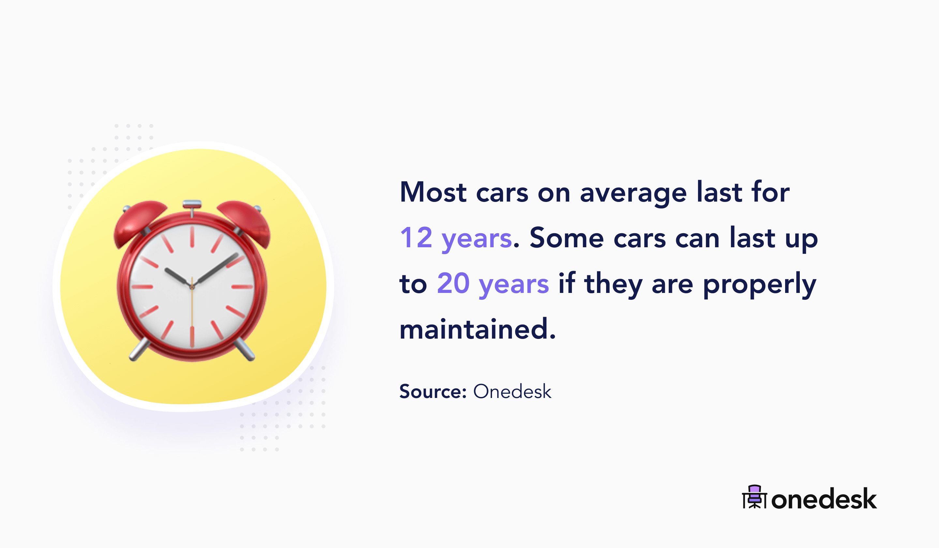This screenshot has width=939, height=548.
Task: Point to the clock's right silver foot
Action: point(246,350)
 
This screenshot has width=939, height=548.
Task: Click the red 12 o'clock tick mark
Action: point(192,237)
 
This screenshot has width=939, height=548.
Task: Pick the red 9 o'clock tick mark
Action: point(142,287)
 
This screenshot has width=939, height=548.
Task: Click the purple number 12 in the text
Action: point(416,238)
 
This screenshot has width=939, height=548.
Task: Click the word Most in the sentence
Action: point(433,192)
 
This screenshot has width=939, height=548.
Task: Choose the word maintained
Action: point(477,329)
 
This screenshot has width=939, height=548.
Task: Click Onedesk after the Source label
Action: point(512,391)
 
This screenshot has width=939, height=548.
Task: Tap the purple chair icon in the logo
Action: point(754,497)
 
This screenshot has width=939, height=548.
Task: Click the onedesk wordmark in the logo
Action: point(824,499)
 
